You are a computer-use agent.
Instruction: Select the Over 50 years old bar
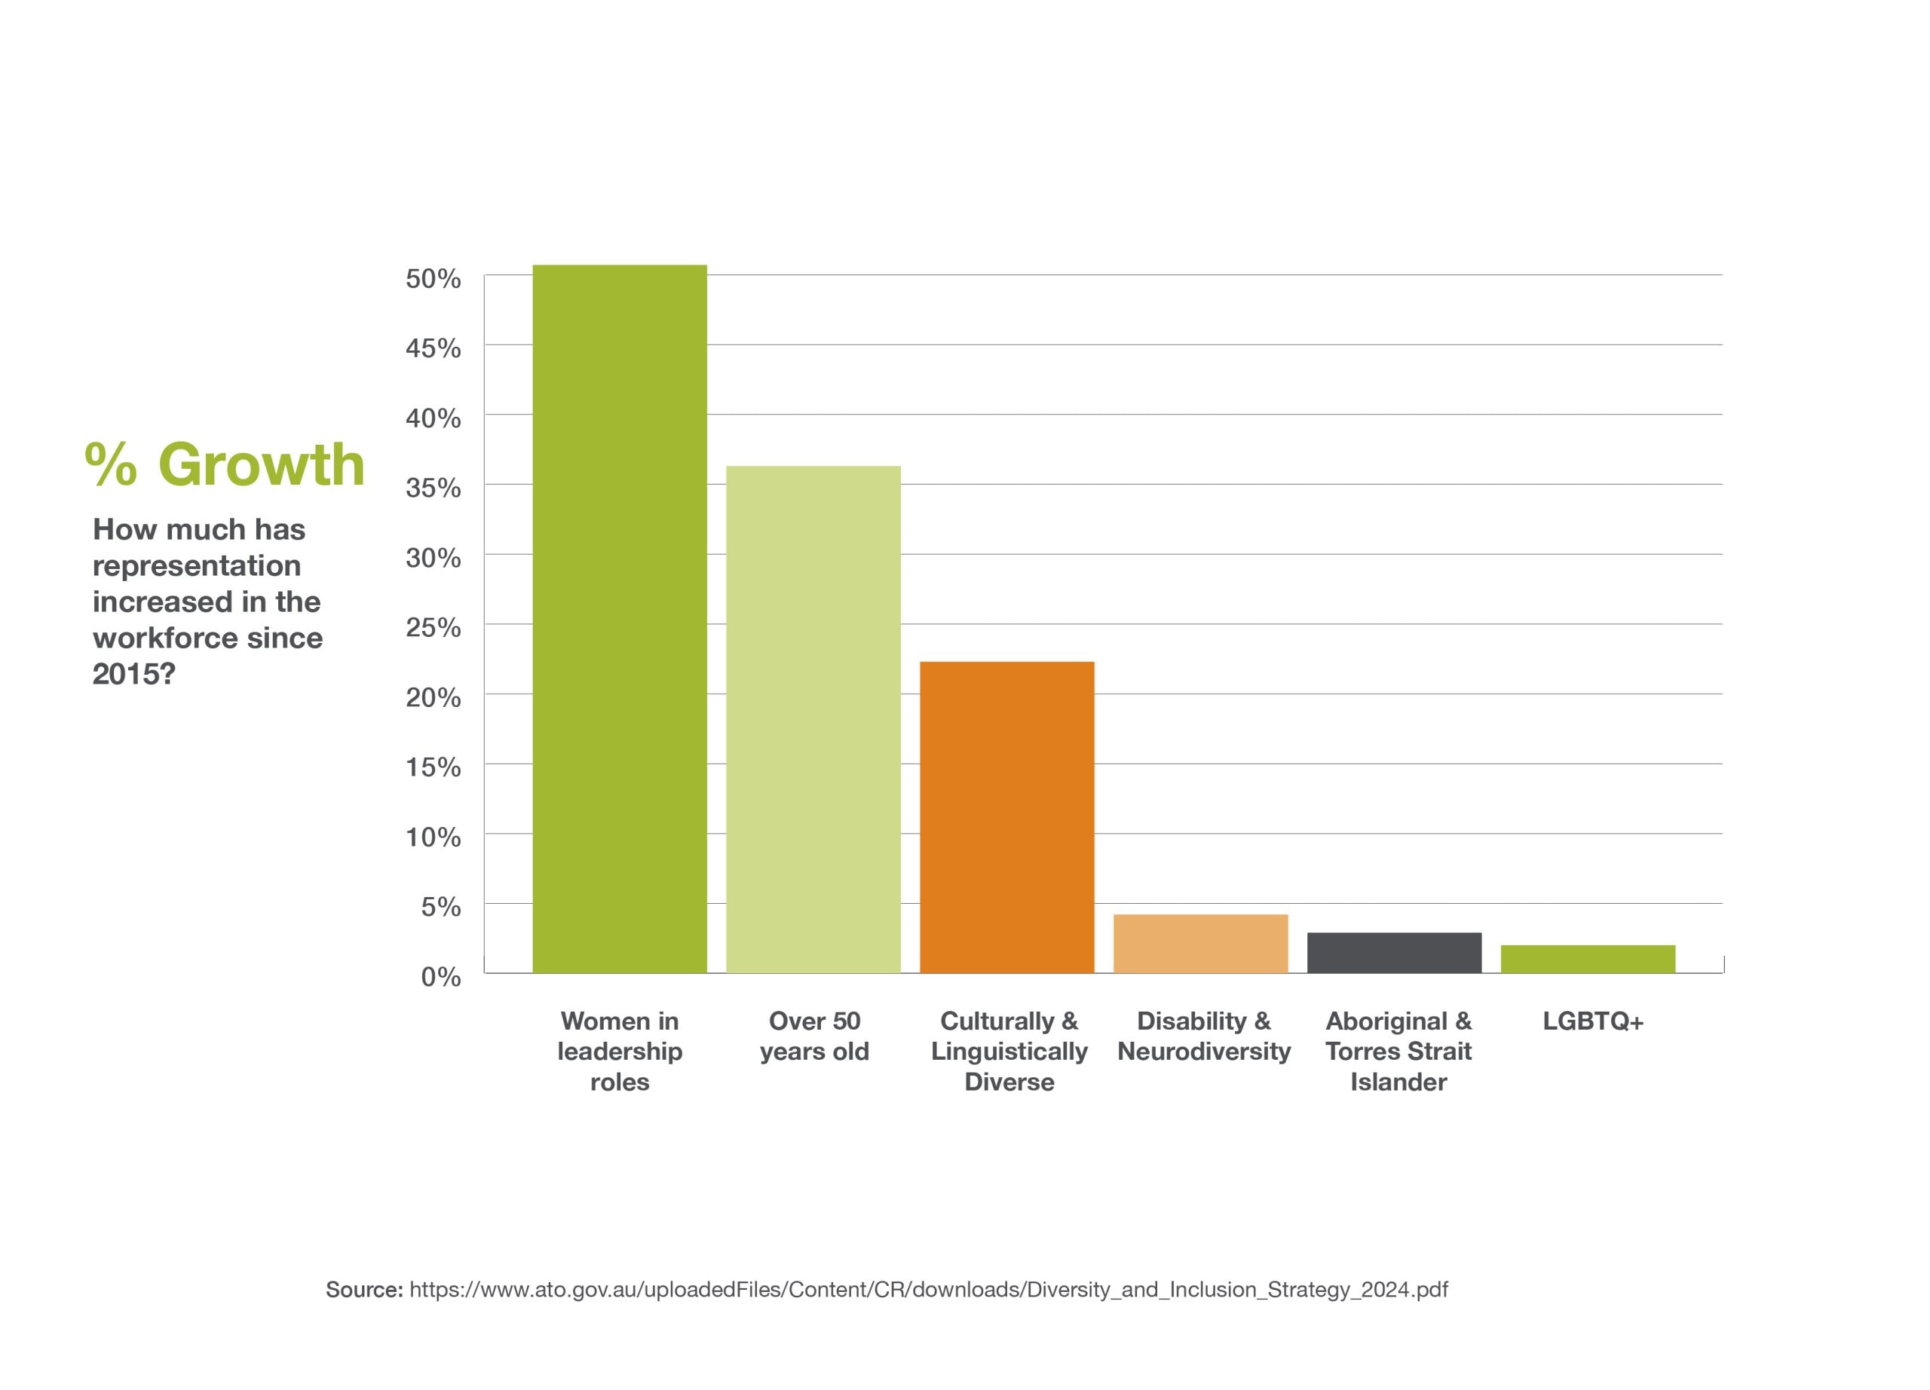[x=813, y=719]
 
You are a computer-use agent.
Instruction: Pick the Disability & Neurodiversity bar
[x=1200, y=944]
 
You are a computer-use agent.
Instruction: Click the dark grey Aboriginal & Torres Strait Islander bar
[x=1394, y=952]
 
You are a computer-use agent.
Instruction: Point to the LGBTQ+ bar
[x=1588, y=959]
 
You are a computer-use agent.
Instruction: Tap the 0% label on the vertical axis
[x=440, y=977]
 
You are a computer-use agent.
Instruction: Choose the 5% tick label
[x=440, y=907]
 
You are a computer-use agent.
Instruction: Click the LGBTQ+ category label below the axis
[x=1593, y=1021]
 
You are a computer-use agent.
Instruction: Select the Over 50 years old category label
[x=814, y=1036]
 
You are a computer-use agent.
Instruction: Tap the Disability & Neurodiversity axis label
[x=1203, y=1036]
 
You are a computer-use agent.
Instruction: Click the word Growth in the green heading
[x=262, y=464]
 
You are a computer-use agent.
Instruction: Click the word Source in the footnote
[x=363, y=1290]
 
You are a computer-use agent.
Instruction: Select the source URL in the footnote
[x=928, y=1290]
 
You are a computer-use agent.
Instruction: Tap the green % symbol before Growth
[x=111, y=464]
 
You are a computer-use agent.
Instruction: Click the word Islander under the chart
[x=1398, y=1082]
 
